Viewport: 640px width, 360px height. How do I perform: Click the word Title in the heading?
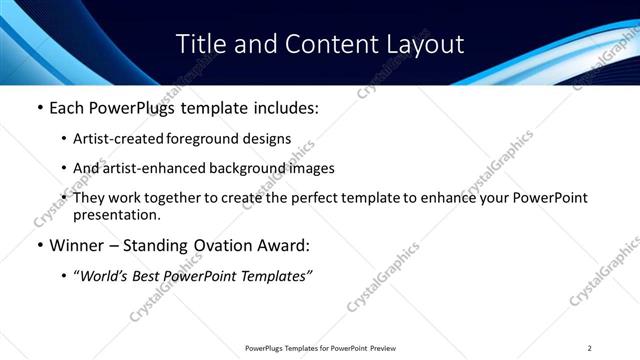pos(198,45)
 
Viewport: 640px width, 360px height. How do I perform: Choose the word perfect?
pos(299,198)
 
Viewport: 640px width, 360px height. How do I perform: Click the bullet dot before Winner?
pos(38,246)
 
